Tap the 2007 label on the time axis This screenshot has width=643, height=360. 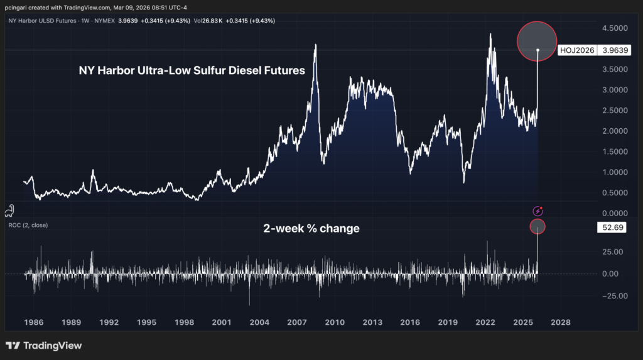(296, 322)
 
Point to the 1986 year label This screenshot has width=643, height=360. (33, 322)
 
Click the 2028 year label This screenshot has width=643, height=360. (560, 322)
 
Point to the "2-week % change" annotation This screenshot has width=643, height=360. (311, 229)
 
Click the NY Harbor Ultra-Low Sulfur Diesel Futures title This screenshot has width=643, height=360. (192, 71)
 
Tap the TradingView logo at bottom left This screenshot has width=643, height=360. (43, 346)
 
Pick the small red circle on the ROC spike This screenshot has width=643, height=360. (538, 226)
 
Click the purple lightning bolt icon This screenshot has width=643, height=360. (538, 212)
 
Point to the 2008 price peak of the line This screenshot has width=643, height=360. (315, 45)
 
